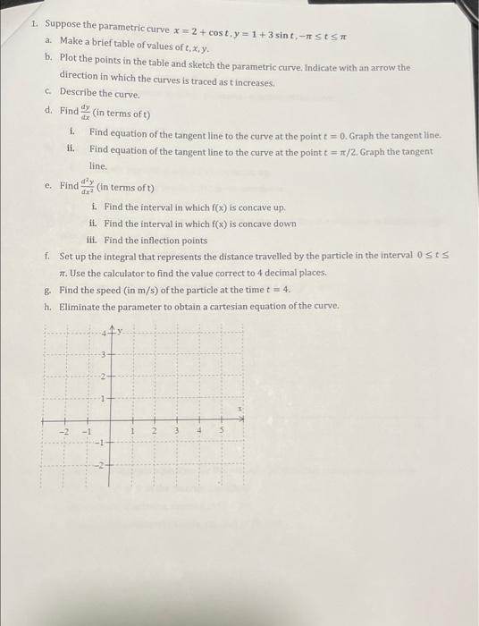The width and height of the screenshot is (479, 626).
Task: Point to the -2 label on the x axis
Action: pyautogui.click(x=63, y=432)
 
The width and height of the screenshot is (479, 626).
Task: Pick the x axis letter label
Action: pyautogui.click(x=239, y=408)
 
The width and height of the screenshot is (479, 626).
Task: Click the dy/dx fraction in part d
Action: pyautogui.click(x=87, y=114)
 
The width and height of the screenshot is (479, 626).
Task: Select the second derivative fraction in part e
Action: pyautogui.click(x=88, y=187)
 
